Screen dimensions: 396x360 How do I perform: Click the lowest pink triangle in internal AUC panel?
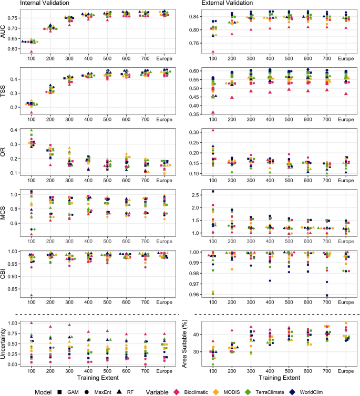coord(32,51)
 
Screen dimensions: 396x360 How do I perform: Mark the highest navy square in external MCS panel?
coord(213,191)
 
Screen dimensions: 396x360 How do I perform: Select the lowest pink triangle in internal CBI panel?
coord(32,295)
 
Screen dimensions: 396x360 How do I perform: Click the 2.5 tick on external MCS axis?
coord(199,195)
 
